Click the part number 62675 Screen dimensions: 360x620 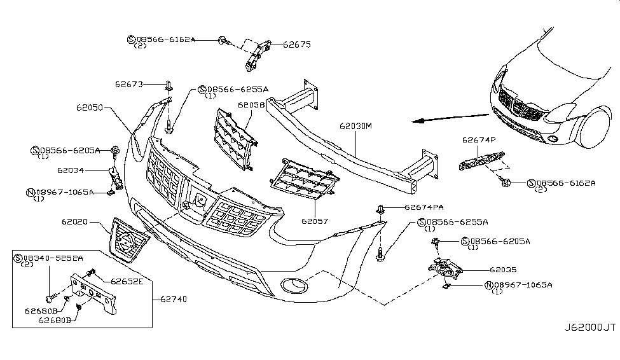point(296,45)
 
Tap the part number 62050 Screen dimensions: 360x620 point(90,109)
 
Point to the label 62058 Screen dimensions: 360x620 point(252,105)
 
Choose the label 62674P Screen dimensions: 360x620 point(479,140)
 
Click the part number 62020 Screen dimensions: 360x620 point(75,223)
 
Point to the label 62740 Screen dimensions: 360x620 point(170,297)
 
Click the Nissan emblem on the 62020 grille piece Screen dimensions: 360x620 point(127,242)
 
